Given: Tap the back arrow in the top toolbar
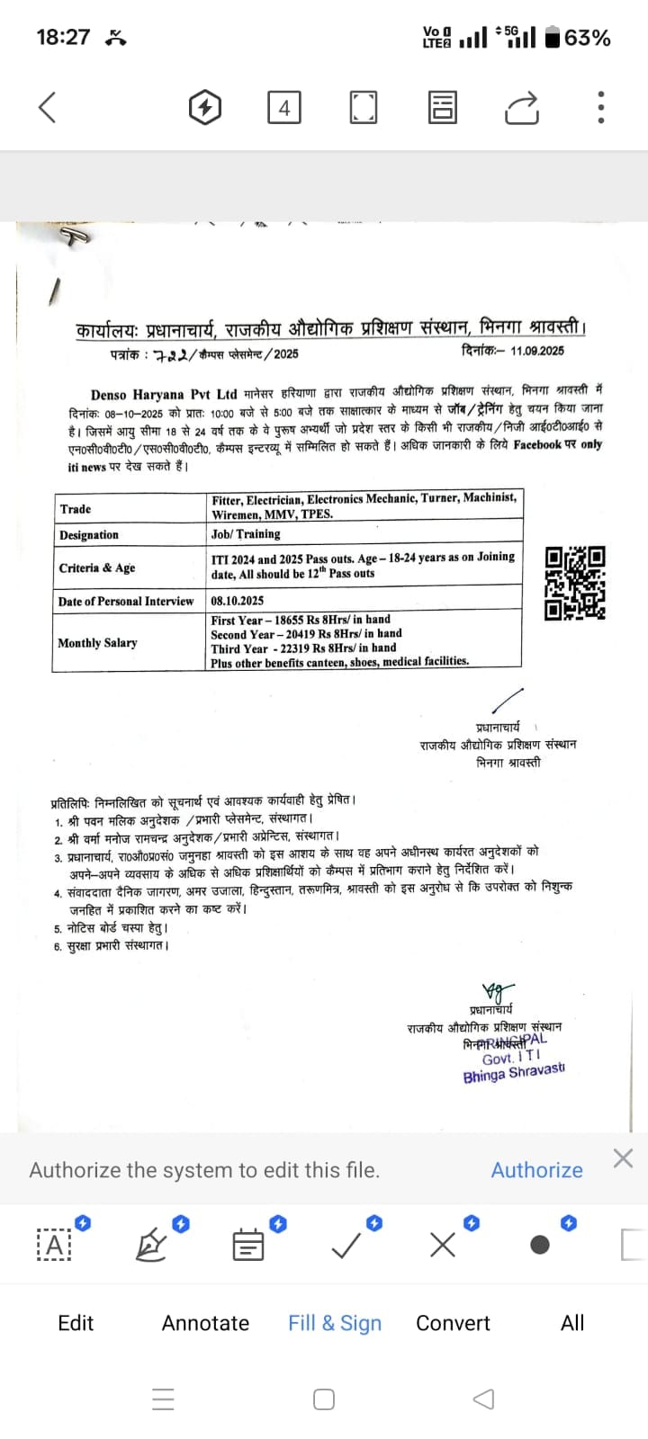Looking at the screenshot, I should pos(48,107).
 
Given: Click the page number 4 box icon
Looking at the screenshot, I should pos(283,108).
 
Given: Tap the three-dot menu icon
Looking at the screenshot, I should pos(601,107).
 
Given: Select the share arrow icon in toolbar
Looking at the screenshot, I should pos(522,108).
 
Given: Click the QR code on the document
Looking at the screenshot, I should pos(575,583).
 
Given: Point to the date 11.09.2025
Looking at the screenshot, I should pos(537,351).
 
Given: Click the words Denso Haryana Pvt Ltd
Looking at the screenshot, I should pos(164,394).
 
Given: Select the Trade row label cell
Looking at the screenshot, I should pos(76,509).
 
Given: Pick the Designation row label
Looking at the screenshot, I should pos(89,535).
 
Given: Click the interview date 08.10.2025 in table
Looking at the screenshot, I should pos(238,600).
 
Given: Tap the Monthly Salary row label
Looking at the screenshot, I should pos(97,643).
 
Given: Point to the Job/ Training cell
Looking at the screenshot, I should pos(246,533).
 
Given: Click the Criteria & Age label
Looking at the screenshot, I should pos(97,568).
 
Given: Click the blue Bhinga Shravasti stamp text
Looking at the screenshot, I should pos(514,1073).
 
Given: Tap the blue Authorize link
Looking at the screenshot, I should pos(536,1170).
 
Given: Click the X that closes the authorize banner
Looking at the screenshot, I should pos(623,1158).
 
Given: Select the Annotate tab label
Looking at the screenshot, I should pos(205,1323).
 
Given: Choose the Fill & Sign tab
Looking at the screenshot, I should pos(335,1323).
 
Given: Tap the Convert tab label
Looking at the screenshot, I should pos(453,1323).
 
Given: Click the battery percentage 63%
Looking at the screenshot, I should pos(588,38).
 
